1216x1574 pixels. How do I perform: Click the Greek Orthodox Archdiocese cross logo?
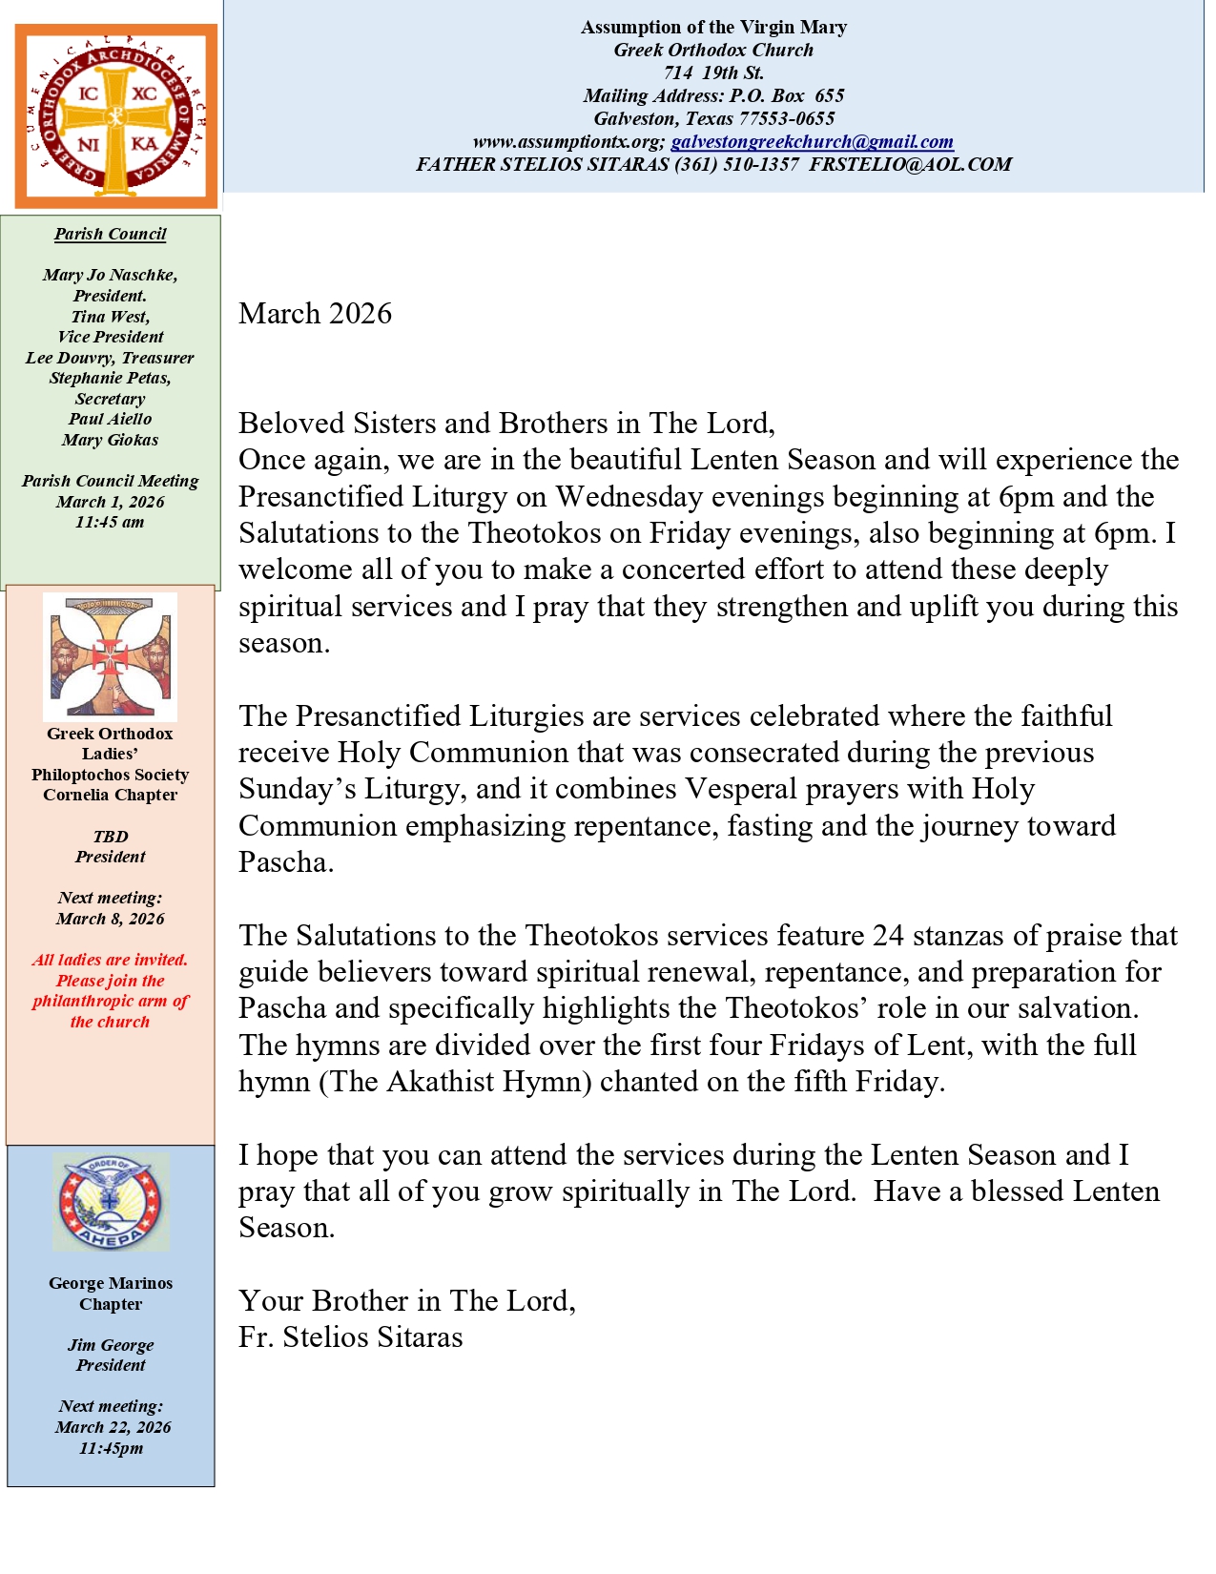click(x=115, y=116)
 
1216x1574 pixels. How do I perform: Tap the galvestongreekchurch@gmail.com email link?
click(x=812, y=142)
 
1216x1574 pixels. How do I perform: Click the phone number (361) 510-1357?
click(x=736, y=165)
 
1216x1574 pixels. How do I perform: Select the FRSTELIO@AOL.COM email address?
click(x=911, y=165)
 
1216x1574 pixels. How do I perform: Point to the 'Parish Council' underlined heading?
click(x=110, y=235)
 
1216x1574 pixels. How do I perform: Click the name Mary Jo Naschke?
click(x=110, y=276)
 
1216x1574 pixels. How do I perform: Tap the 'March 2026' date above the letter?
click(x=315, y=314)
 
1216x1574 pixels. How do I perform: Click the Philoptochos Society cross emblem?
click(x=110, y=657)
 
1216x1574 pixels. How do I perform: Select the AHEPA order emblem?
click(x=111, y=1202)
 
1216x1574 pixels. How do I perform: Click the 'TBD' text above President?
click(x=111, y=837)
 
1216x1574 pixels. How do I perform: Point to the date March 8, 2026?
click(x=111, y=920)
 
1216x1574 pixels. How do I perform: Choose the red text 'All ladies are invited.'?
click(x=110, y=961)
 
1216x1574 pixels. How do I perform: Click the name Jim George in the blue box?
click(x=111, y=1346)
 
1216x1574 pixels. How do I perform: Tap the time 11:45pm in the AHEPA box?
click(x=111, y=1449)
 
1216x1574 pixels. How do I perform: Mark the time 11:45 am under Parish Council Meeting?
click(x=110, y=523)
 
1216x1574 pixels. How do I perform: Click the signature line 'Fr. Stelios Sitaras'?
click(x=350, y=1337)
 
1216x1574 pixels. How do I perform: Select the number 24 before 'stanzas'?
click(x=888, y=936)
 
